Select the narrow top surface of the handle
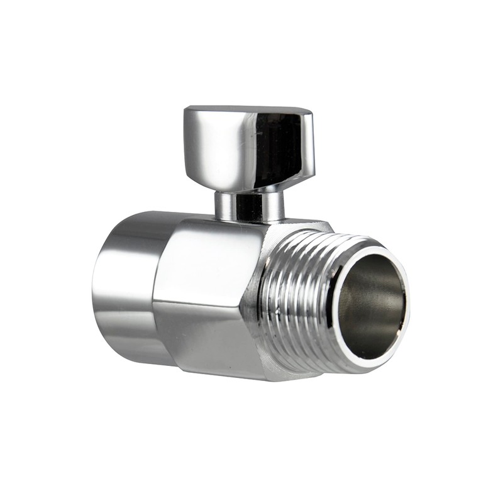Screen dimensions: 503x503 pyautogui.click(x=248, y=111)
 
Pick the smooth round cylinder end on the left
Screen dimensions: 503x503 pyautogui.click(x=126, y=283)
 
